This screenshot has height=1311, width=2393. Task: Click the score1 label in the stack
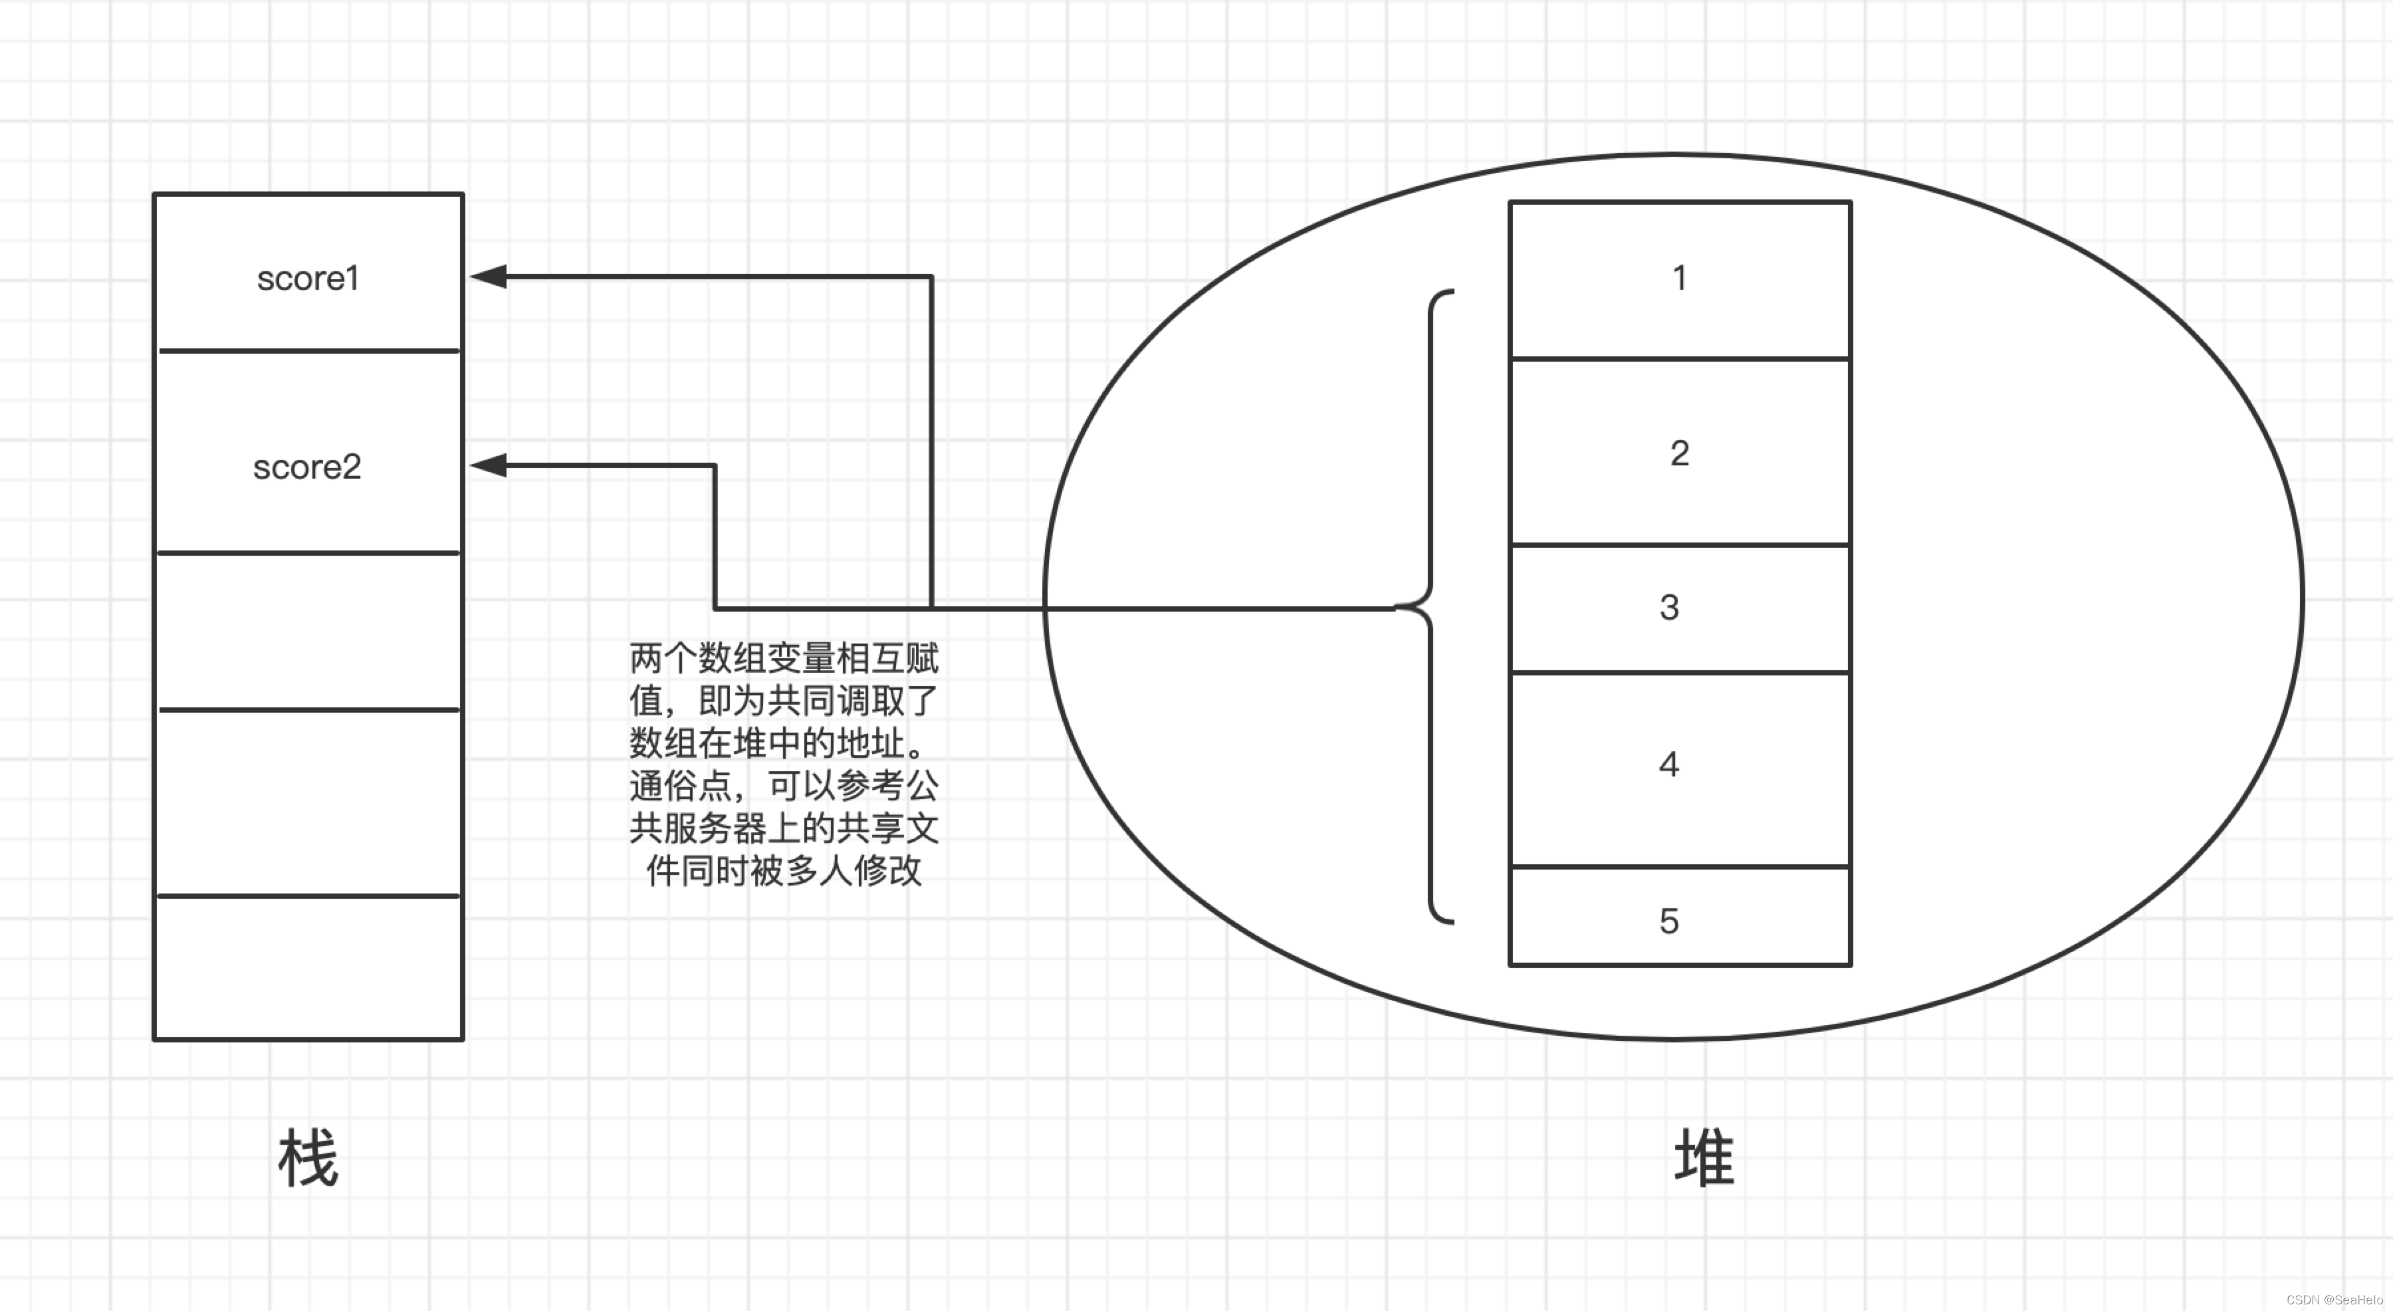(x=308, y=279)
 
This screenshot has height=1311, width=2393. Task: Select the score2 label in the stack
(x=306, y=467)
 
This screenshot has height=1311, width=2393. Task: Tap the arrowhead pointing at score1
(x=489, y=276)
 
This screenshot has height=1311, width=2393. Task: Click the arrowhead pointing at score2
(x=489, y=465)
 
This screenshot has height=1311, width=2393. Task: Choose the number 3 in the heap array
(x=1669, y=608)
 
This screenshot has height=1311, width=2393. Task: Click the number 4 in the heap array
(x=1669, y=765)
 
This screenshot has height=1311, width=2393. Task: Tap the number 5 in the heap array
(x=1669, y=921)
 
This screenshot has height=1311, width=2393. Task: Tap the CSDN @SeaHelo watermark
(x=2334, y=1300)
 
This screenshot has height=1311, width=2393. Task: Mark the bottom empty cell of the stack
(x=308, y=967)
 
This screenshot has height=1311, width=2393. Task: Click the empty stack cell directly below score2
(x=308, y=631)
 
